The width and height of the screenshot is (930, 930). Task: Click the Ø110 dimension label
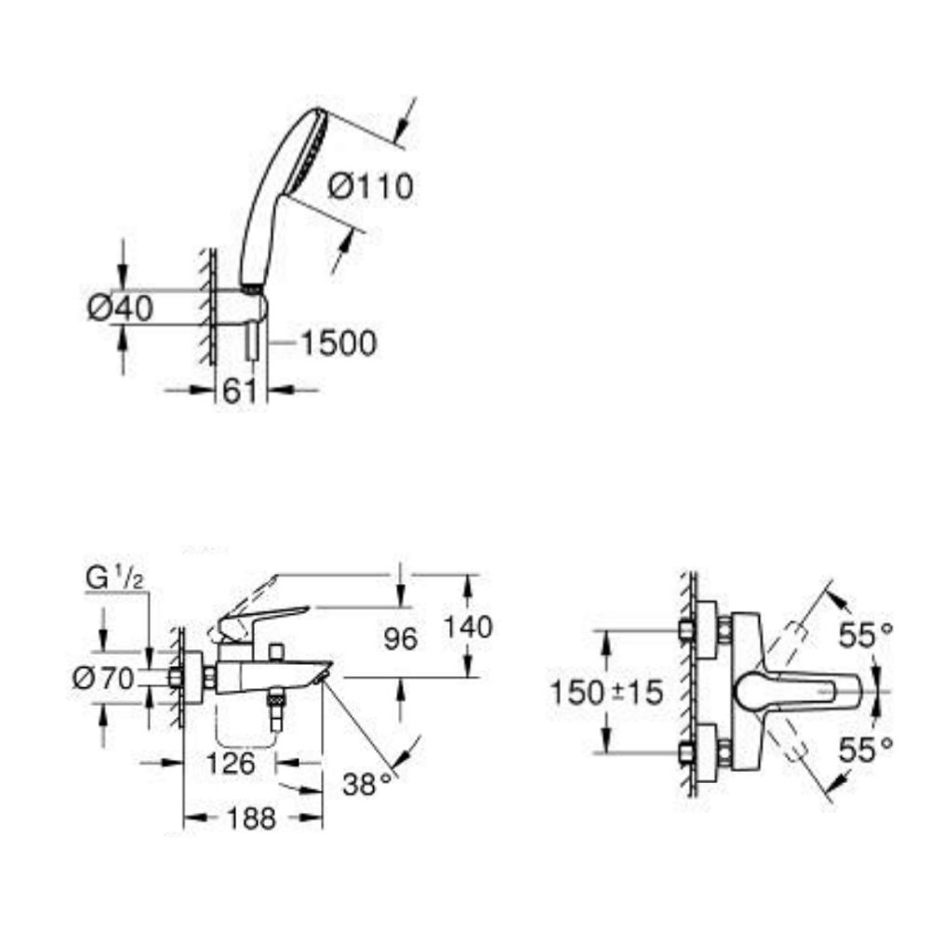(x=370, y=187)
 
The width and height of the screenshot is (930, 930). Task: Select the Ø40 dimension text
(x=120, y=308)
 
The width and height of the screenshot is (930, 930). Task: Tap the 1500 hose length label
(x=339, y=343)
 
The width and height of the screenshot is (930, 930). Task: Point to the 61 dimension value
(x=239, y=392)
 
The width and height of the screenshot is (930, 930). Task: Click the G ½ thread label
(x=113, y=578)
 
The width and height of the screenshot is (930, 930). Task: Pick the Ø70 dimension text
(x=106, y=679)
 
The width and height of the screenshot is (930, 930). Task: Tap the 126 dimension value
(x=228, y=764)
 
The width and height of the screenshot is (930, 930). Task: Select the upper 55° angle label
(x=865, y=636)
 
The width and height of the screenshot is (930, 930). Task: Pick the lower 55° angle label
(x=865, y=748)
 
